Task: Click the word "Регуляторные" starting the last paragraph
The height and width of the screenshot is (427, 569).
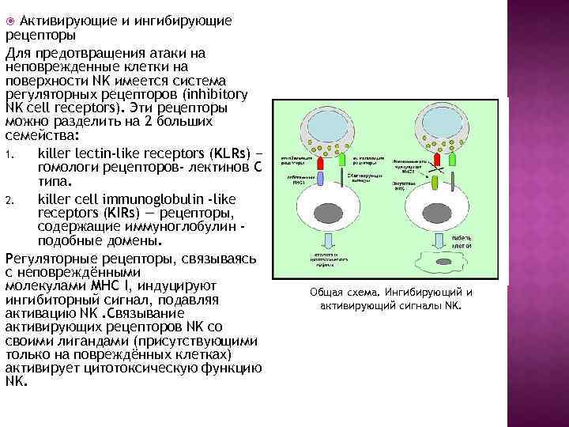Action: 50,259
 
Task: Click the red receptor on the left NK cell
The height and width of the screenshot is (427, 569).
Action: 322,161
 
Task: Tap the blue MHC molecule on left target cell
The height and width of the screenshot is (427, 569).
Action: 322,180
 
